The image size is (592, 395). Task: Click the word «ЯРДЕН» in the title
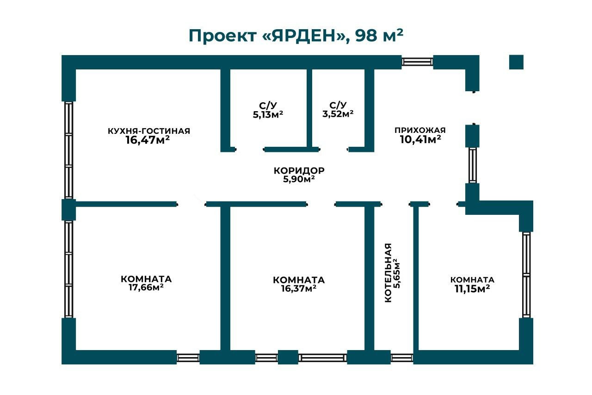pyautogui.click(x=305, y=36)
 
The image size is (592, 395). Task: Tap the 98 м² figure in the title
pyautogui.click(x=380, y=35)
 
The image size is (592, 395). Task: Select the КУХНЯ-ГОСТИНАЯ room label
pyautogui.click(x=149, y=131)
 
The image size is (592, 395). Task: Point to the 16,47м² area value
pyautogui.click(x=148, y=140)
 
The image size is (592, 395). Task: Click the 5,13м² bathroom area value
pyautogui.click(x=268, y=115)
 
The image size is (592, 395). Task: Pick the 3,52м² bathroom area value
pyautogui.click(x=338, y=114)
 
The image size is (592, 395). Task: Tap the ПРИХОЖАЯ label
pyautogui.click(x=420, y=130)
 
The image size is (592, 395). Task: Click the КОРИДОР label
pyautogui.click(x=299, y=171)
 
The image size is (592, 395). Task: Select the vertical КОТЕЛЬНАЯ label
pyautogui.click(x=388, y=272)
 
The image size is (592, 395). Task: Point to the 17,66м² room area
pyautogui.click(x=146, y=288)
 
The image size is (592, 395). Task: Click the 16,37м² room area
pyautogui.click(x=299, y=288)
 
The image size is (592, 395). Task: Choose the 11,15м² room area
pyautogui.click(x=472, y=289)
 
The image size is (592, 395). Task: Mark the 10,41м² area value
pyautogui.click(x=420, y=139)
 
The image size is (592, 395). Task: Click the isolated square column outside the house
pyautogui.click(x=516, y=62)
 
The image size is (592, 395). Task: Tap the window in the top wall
pyautogui.click(x=417, y=62)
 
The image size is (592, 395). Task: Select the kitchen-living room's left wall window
pyautogui.click(x=69, y=150)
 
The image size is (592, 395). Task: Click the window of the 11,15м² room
pyautogui.click(x=526, y=275)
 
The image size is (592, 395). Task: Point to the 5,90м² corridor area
pyautogui.click(x=299, y=179)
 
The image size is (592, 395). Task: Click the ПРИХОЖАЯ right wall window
pyautogui.click(x=473, y=165)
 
